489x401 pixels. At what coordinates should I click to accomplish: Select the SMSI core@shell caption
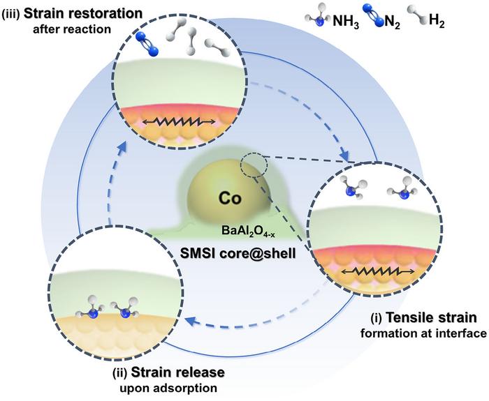[243, 252]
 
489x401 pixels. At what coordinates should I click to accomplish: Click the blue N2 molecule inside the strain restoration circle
[145, 40]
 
